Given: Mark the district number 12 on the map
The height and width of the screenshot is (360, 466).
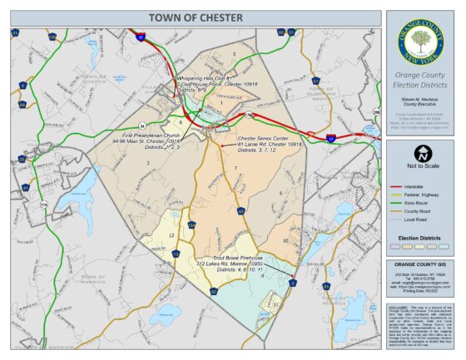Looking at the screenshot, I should click(171, 235).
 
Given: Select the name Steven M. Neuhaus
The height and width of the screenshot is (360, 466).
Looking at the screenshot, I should click(420, 99).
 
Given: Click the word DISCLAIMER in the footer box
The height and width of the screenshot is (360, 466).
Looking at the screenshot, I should click(399, 306).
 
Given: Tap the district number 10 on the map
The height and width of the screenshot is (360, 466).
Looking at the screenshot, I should click(285, 240).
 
